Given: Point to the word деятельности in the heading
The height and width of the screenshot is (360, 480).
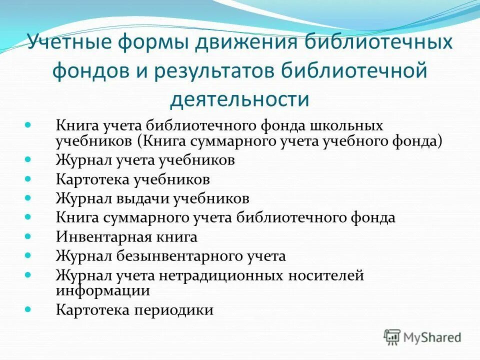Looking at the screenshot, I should point(239,99).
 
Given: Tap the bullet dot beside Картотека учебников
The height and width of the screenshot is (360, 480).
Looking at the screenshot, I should point(28,177).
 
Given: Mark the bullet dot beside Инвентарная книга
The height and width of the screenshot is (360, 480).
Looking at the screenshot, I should point(28,235).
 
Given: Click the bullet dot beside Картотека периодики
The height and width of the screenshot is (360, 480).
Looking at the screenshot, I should point(28,308).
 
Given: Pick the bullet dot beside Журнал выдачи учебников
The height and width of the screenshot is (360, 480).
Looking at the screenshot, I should point(28,196).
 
